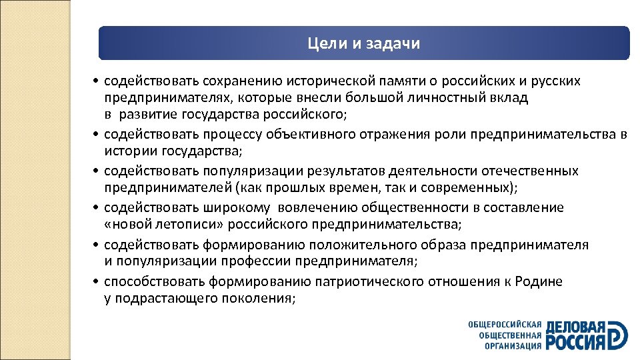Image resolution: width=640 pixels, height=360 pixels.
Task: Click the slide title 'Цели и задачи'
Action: click(364, 44)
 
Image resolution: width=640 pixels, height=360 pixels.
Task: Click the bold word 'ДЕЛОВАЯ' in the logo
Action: click(576, 327)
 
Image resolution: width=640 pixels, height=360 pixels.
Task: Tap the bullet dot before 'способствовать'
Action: click(97, 282)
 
